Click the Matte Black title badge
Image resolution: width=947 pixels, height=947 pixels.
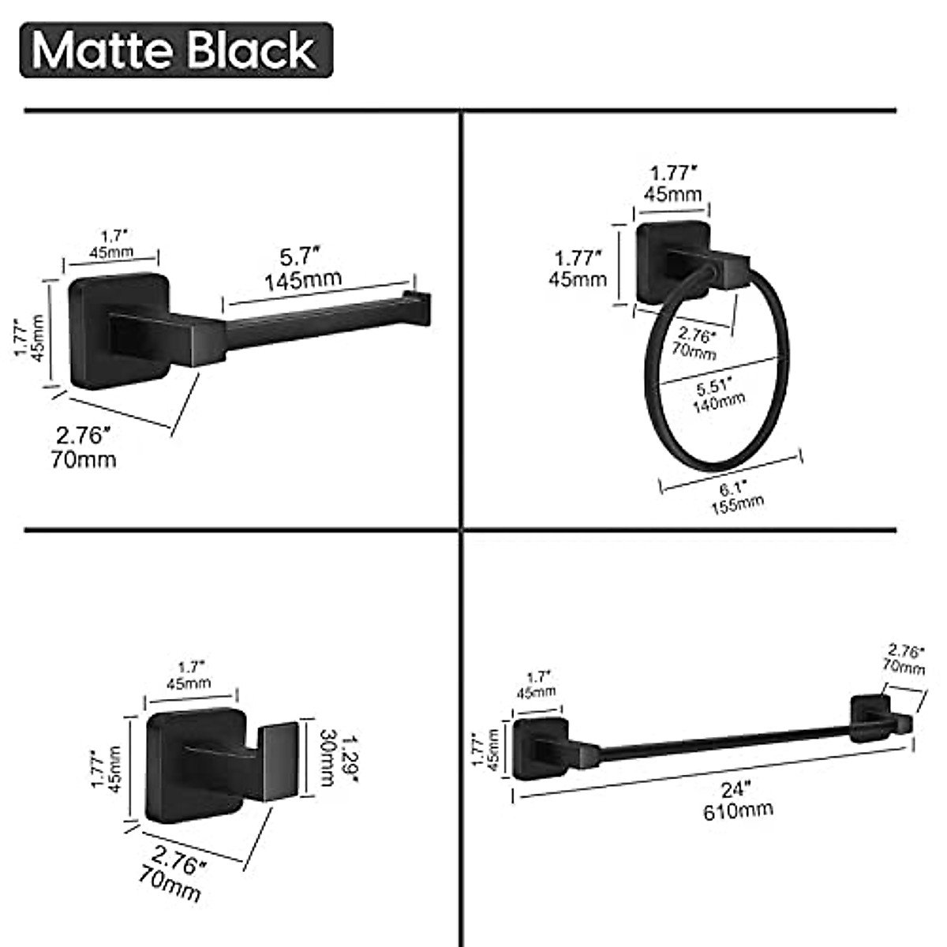click(x=175, y=50)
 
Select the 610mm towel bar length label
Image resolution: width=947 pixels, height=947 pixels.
click(x=738, y=809)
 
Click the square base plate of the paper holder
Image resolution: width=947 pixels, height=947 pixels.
click(x=118, y=331)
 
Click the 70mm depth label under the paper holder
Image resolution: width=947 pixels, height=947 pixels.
click(x=84, y=459)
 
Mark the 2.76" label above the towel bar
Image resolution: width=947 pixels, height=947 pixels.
click(x=906, y=652)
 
